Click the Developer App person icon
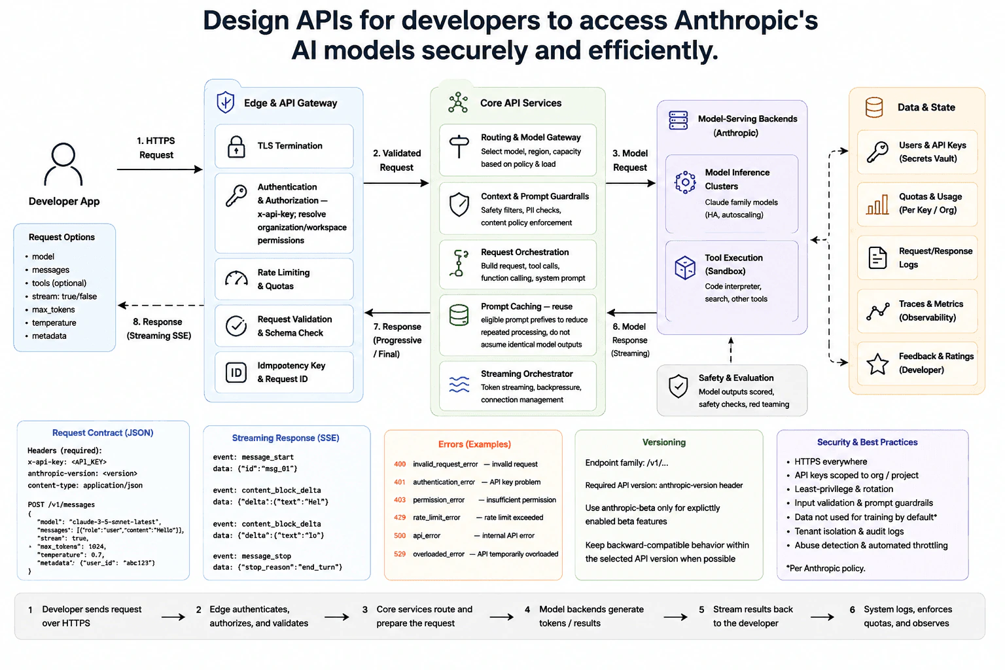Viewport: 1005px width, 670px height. (63, 164)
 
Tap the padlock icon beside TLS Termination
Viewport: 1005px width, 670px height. (236, 147)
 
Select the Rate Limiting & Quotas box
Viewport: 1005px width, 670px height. (284, 279)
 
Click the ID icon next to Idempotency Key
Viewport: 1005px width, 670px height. (236, 372)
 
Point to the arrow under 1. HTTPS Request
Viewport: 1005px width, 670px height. (160, 169)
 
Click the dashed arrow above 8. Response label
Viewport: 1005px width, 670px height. (160, 305)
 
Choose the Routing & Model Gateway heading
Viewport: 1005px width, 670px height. (531, 137)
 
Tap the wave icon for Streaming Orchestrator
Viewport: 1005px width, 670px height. (459, 384)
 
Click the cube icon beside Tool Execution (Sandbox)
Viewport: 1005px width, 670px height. (685, 268)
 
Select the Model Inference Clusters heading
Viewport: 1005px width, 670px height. (737, 179)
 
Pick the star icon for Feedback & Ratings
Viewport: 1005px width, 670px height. (877, 364)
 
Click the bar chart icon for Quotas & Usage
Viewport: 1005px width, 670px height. (877, 204)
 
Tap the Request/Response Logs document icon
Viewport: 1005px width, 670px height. (877, 258)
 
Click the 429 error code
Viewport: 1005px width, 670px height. (400, 518)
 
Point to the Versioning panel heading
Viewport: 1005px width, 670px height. (664, 442)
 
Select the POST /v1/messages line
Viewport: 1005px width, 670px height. (62, 504)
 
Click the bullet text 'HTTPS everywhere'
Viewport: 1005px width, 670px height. (830, 461)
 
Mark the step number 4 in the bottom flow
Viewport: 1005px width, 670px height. (527, 609)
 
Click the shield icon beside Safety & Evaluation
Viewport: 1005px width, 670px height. (678, 386)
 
